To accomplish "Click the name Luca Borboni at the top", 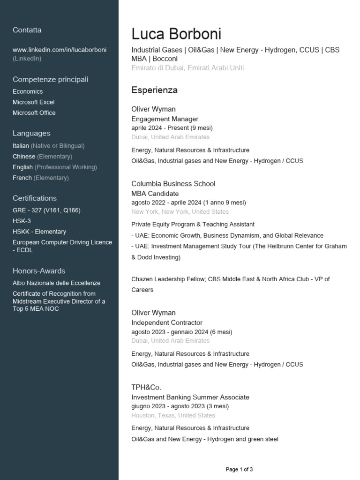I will point(176,34).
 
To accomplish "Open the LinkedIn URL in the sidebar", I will point(60,50).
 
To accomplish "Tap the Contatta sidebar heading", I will point(27,30).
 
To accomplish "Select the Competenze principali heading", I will point(51,80).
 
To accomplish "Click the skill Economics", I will point(28,91).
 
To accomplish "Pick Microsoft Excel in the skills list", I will point(34,102).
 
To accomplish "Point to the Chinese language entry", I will point(24,157).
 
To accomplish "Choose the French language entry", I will point(22,178).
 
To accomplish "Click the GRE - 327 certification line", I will point(46,210).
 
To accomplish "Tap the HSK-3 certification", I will point(22,221).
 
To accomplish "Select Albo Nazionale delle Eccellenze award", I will point(56,283).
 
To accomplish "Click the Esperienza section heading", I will point(154,90).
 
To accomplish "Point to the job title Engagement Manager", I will point(165,119).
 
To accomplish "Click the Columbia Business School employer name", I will point(173,184).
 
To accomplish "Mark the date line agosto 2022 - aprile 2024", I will point(188,202).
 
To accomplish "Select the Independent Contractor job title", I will point(167,322).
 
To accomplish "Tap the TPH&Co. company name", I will point(146,387).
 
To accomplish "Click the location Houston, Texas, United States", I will point(173,415).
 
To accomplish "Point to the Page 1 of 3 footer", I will point(239,469).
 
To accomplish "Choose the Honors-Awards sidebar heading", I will point(39,271).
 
